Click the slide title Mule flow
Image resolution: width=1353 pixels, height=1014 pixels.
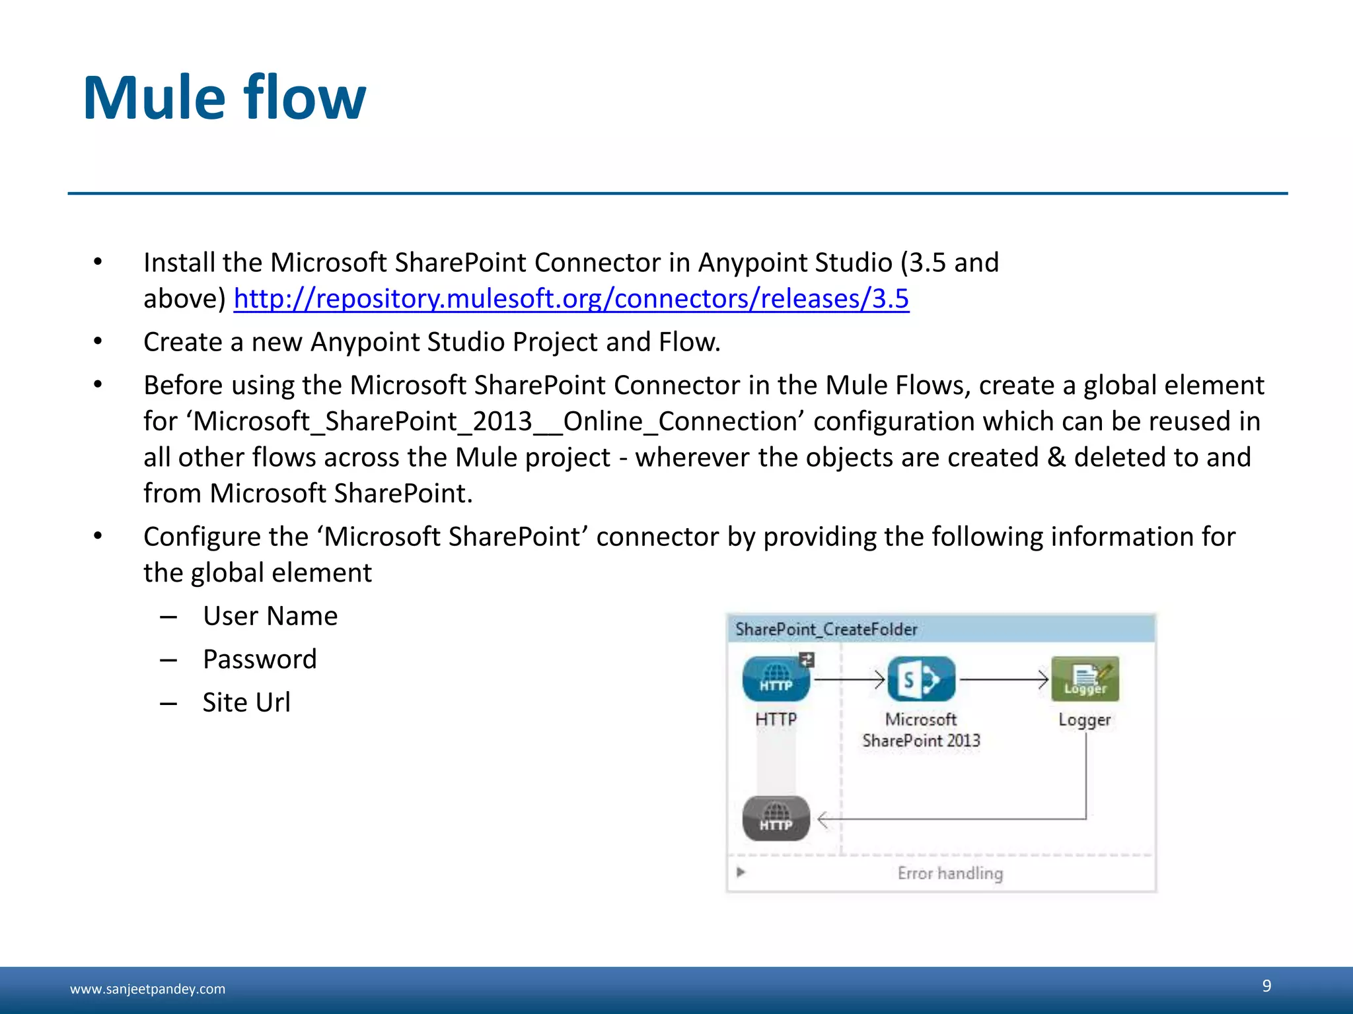click(224, 98)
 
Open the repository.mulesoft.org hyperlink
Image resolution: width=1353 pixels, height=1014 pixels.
click(571, 299)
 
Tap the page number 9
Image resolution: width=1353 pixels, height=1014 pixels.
click(1266, 986)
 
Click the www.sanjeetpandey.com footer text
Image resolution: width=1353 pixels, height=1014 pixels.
click(147, 989)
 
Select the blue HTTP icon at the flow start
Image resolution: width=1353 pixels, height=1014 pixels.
click(776, 679)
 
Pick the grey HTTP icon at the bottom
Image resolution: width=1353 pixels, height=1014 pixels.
click(776, 819)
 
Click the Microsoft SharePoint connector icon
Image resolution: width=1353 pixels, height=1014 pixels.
click(921, 679)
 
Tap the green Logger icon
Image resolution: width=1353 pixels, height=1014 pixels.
click(1085, 679)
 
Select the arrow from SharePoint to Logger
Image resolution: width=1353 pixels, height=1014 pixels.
click(1004, 679)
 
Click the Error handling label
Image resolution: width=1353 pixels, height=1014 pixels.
click(950, 873)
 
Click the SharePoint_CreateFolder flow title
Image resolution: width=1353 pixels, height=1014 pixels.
click(826, 629)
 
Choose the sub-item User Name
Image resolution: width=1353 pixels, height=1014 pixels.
click(270, 616)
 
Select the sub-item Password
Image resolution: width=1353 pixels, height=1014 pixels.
click(260, 659)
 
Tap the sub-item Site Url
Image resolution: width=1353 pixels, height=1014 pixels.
click(246, 702)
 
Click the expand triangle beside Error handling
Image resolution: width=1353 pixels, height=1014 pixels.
click(741, 872)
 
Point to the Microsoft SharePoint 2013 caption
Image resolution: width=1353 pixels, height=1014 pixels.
click(921, 730)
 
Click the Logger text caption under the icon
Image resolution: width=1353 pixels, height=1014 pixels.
click(1084, 720)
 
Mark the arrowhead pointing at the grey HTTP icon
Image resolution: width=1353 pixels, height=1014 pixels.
click(823, 820)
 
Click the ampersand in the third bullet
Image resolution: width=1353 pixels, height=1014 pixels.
click(1056, 457)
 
